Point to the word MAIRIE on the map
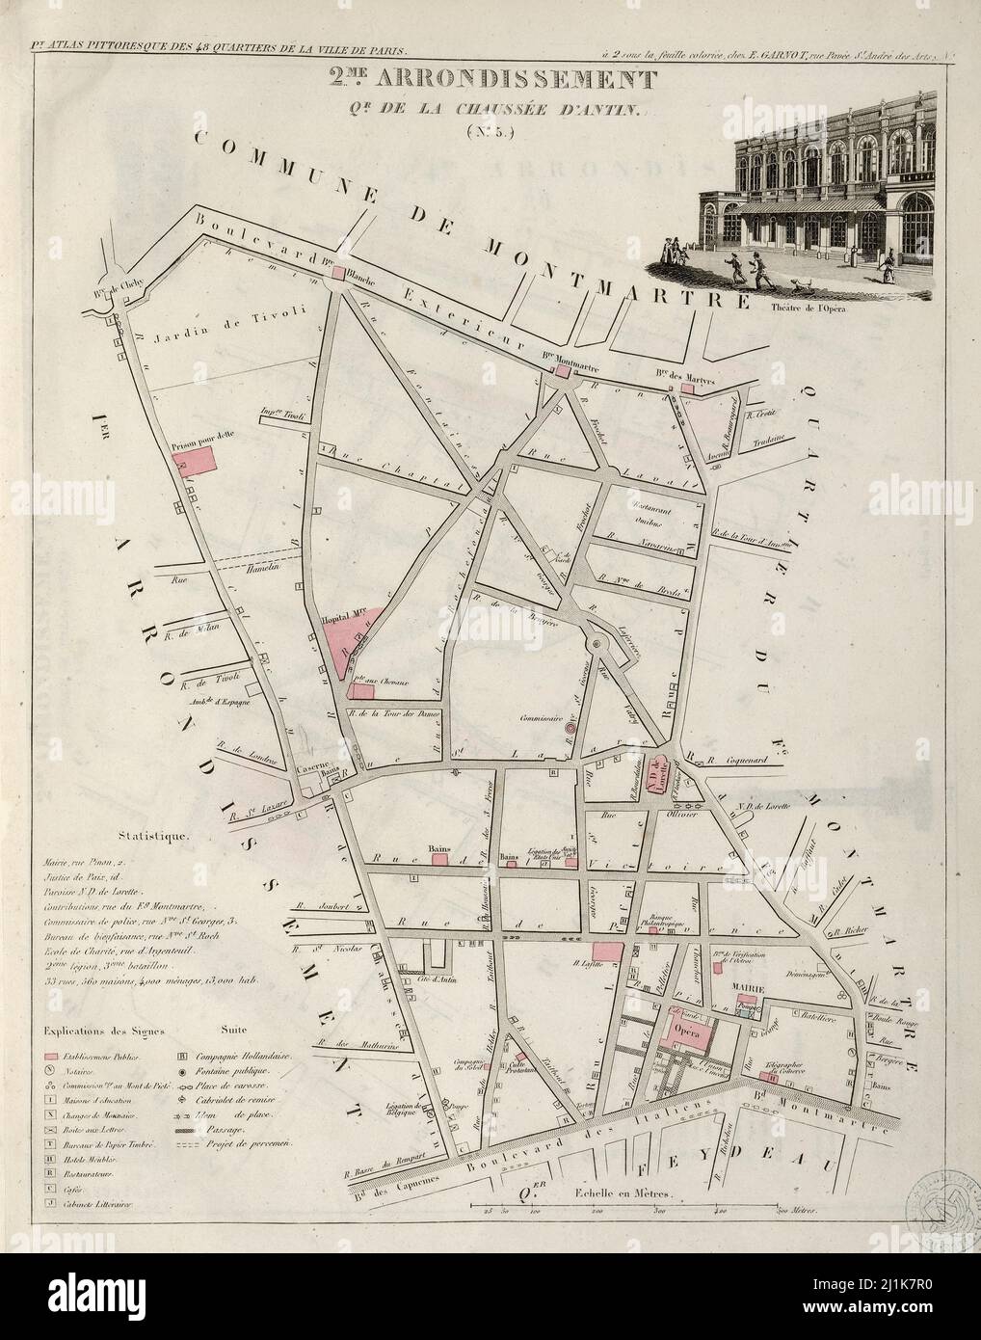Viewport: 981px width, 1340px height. (x=748, y=988)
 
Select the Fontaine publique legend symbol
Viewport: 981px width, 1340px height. (x=183, y=1071)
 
